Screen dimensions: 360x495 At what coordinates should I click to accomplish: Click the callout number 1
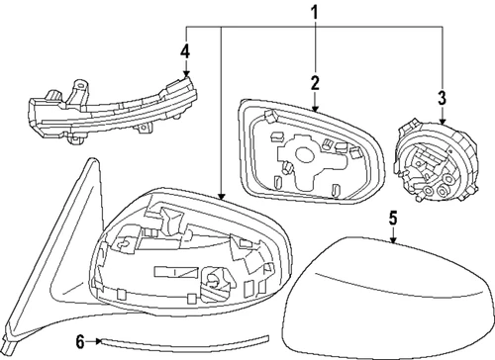[316, 13]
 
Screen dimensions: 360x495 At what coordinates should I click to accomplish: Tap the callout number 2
[314, 84]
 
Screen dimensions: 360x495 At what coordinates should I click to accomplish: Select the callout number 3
[442, 97]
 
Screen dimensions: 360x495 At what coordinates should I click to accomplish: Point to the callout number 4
[185, 51]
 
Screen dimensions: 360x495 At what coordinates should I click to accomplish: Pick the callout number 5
[392, 218]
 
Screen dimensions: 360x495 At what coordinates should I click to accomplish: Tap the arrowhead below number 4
[185, 75]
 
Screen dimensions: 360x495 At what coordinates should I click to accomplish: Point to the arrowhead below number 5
[392, 240]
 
